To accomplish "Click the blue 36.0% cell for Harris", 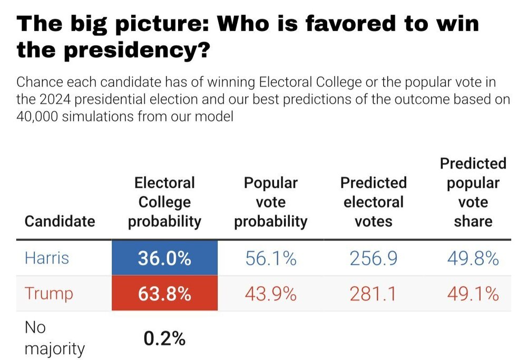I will pos(164,258).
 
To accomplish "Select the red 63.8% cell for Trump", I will pos(164,294).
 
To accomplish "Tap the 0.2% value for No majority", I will pos(164,339).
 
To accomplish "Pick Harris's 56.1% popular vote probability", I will pos(270,258).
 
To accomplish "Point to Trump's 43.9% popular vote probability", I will pos(270,294).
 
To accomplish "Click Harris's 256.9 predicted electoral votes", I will pos(373,258).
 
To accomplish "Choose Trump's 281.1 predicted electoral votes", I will pos(373,294).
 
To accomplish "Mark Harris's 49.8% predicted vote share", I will pos(473,258).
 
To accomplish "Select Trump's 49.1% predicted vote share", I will pos(473,294).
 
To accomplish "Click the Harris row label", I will pos(47,258).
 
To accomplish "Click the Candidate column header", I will pos(60,221).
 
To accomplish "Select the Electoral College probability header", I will pos(164,202).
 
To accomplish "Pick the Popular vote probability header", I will pos(270,202).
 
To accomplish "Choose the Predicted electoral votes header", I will pos(373,202).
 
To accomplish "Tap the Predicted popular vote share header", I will pos(473,192).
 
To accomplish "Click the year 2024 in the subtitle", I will pos(54,99).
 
